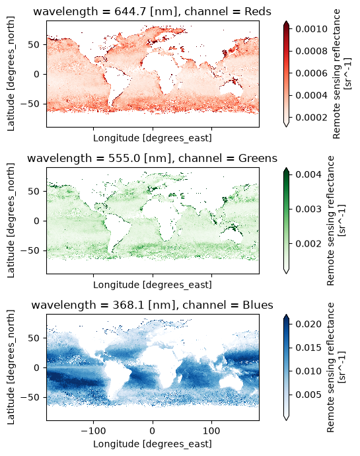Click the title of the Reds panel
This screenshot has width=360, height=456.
click(152, 11)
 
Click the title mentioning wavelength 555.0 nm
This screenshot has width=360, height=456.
click(152, 158)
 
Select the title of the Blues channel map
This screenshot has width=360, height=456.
click(152, 305)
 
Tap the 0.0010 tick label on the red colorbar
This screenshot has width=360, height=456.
click(311, 29)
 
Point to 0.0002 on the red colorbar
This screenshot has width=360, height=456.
click(311, 117)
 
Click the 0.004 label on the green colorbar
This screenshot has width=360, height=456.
click(308, 174)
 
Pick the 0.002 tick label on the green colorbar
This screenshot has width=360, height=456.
click(308, 243)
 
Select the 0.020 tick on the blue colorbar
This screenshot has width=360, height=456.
click(308, 324)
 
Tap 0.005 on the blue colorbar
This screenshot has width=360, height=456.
click(308, 395)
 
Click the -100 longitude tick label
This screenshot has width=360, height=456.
click(93, 430)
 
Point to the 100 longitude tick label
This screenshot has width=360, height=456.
click(211, 430)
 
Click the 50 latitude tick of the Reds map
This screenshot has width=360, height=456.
click(34, 44)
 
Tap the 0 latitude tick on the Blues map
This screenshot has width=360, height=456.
click(36, 367)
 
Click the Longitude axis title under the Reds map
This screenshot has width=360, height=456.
click(153, 138)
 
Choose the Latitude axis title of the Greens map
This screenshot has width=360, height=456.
click(11, 221)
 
